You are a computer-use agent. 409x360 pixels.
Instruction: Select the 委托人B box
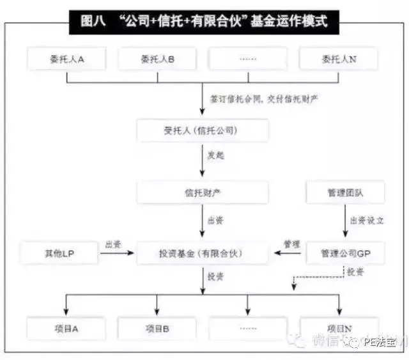(157, 59)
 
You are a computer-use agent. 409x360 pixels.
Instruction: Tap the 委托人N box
(339, 59)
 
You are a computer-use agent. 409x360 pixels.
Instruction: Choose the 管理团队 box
(345, 192)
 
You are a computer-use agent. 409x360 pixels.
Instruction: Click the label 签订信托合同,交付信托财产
(264, 100)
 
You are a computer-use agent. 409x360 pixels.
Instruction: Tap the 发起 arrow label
(215, 155)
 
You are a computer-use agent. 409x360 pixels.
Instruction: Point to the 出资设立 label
(367, 221)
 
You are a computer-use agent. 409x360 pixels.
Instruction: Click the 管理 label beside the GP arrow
(291, 244)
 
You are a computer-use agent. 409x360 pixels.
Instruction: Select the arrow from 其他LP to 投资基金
(118, 253)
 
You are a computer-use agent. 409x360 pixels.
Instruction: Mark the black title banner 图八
(204, 21)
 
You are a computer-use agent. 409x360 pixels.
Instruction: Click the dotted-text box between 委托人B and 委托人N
(247, 59)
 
